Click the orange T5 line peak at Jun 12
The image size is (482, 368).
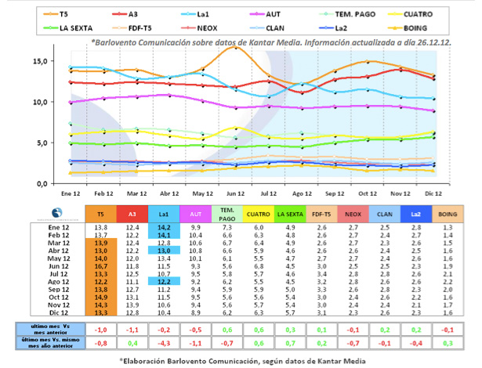point(234,48)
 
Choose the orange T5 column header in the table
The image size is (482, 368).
point(100,213)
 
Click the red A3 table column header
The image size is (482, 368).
point(132,213)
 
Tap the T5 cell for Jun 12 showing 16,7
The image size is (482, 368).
point(100,265)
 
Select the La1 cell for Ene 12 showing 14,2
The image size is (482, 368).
point(164,226)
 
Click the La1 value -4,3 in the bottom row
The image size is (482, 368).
point(164,343)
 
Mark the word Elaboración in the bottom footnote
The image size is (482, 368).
point(156,359)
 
